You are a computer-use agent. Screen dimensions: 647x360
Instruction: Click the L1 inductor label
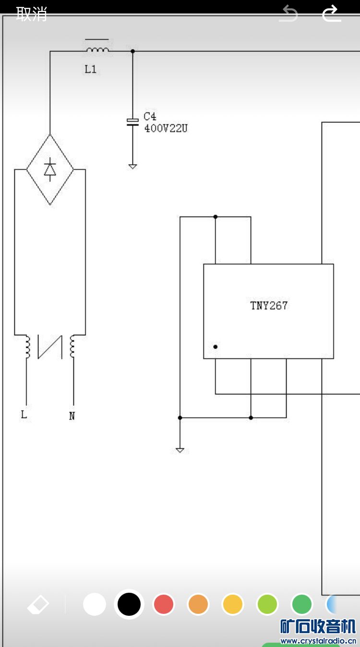91,69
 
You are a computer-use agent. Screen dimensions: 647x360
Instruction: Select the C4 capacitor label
150,116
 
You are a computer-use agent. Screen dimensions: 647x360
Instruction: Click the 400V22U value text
166,128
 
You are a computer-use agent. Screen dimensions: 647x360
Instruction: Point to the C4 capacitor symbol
132,122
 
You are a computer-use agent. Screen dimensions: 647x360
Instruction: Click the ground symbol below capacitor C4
132,166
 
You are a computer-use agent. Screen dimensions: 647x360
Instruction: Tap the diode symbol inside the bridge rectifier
50,170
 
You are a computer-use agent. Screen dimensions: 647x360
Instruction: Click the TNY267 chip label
269,305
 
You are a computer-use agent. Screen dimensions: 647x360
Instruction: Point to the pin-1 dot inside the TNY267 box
216,346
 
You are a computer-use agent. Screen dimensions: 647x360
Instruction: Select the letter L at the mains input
24,415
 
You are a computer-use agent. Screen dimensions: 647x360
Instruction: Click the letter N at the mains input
72,416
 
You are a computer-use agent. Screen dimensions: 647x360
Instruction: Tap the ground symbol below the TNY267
180,450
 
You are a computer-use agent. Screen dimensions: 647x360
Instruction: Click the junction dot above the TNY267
216,217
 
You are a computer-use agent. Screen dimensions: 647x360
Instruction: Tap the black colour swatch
129,604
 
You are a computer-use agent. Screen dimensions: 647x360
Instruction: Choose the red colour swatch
164,604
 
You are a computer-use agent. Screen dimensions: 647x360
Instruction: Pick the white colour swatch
95,604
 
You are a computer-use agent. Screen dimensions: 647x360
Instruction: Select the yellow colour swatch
233,604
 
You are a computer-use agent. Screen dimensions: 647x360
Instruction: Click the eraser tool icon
38,605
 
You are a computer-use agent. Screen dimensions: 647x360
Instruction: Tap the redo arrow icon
331,13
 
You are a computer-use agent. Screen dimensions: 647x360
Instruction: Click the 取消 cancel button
32,14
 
